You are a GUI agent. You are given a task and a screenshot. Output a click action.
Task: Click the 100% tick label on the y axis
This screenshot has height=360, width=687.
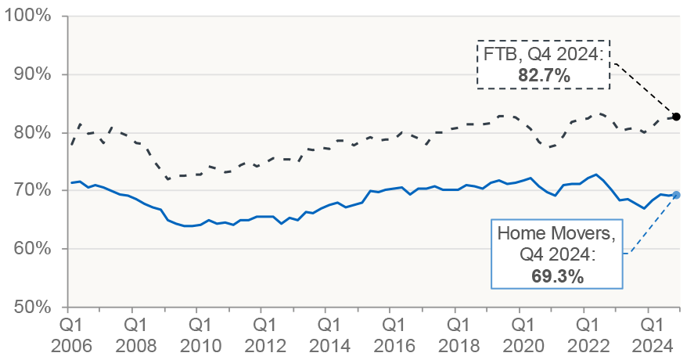coord(29,16)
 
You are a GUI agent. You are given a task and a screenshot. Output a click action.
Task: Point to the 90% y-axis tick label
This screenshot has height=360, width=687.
coord(33,74)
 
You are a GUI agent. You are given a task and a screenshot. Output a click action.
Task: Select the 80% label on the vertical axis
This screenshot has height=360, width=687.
coord(33,132)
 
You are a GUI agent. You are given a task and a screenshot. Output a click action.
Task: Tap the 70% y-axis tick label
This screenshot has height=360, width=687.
coord(33,190)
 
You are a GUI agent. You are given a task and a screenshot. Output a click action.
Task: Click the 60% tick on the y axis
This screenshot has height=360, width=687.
coord(33,248)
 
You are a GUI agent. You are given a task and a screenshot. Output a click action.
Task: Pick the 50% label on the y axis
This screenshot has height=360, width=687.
coord(33,306)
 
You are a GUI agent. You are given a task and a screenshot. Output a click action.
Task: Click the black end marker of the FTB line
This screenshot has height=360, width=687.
coord(677,117)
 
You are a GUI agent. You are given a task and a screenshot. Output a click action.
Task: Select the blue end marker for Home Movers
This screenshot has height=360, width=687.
coord(677,195)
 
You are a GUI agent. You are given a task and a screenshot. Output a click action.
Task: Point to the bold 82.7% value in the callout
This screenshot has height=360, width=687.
coord(543,77)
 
